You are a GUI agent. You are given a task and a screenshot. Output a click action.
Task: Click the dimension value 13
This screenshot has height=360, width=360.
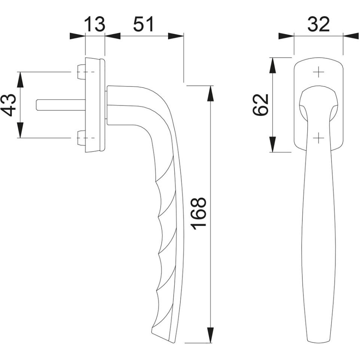pos(95,24)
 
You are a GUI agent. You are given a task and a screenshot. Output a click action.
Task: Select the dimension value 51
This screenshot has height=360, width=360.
pos(143,24)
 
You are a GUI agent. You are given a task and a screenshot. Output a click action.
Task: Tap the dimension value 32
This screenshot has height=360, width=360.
pos(319,24)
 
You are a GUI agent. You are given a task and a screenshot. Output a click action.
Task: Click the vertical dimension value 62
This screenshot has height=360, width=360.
pos(260,105)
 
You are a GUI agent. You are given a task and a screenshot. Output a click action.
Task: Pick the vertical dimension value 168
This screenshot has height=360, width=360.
pos(199,214)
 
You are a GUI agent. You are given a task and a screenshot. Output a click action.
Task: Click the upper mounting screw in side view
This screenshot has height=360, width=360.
pos(81,72)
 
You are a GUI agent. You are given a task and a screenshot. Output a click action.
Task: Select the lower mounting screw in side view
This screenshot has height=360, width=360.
pos(81,138)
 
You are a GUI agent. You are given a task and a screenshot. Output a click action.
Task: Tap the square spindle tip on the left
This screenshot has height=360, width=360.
pos(38,105)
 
